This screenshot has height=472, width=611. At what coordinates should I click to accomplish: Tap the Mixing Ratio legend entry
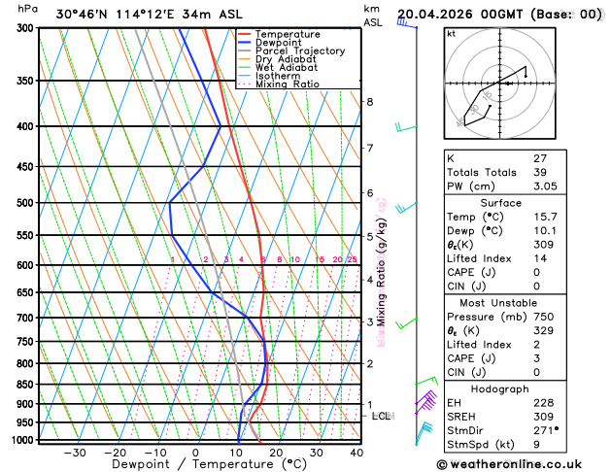tap(293, 84)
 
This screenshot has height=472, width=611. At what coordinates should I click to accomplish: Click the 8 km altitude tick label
tap(370, 102)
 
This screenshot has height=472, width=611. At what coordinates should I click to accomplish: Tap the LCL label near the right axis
tap(381, 416)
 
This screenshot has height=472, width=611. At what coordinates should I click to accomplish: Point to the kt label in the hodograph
tap(451, 33)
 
